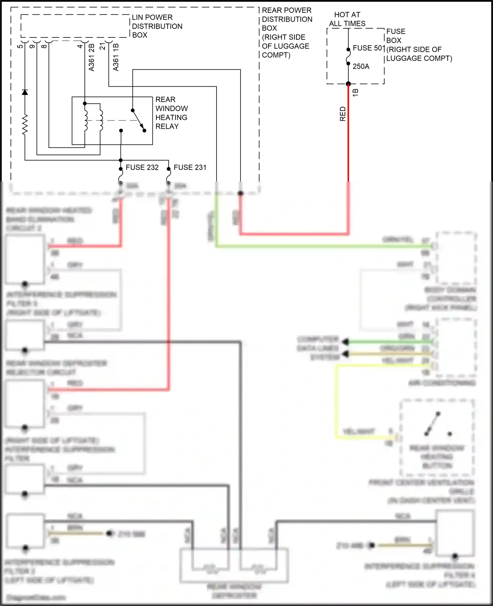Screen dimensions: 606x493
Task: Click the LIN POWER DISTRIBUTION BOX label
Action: point(157,26)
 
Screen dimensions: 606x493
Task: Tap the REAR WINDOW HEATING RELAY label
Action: point(171,113)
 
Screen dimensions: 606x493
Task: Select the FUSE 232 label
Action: point(142,167)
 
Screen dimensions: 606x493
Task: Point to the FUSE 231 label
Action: point(190,167)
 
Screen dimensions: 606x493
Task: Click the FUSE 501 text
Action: point(368,48)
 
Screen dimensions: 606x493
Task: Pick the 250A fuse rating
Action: point(361,67)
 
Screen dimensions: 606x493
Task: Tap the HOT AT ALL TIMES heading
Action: point(347,19)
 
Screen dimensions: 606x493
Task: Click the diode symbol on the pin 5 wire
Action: point(25,92)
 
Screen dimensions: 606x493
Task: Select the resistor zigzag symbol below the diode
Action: point(25,125)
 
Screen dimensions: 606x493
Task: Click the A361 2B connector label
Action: point(92,57)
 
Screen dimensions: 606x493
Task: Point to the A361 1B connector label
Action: point(116,57)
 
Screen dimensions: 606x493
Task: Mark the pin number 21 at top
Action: point(103,47)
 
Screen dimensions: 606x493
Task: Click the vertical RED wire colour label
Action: point(343,114)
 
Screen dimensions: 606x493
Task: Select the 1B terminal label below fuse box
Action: point(355,93)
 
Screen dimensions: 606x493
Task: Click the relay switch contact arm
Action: point(138,119)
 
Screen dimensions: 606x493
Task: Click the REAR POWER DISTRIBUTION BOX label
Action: point(287,32)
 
